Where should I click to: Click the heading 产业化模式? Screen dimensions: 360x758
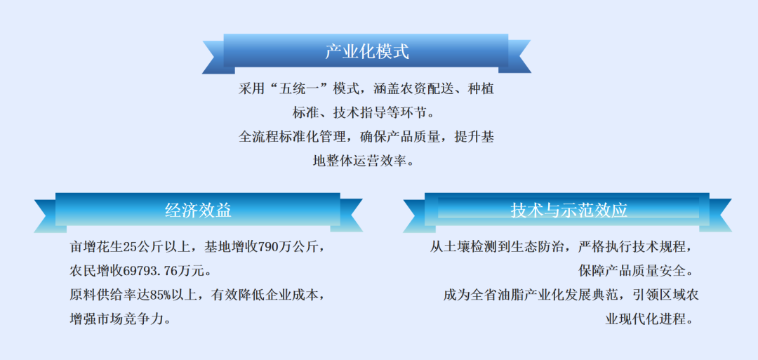click(x=366, y=51)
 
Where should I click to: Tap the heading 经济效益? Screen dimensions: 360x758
click(x=198, y=210)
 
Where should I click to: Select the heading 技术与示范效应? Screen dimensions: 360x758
click(x=568, y=210)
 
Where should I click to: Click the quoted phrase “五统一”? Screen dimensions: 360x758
click(x=291, y=89)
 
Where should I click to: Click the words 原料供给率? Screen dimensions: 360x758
click(x=101, y=294)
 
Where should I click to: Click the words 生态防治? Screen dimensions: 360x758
click(x=543, y=247)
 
